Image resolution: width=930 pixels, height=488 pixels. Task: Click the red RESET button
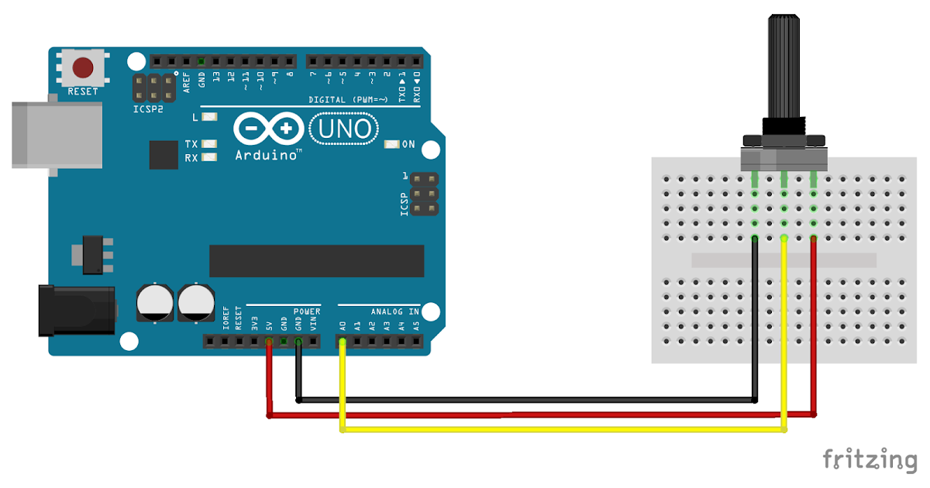coord(83,67)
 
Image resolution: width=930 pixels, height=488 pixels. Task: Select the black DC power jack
coord(77,311)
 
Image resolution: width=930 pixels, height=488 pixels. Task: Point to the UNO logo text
coord(344,128)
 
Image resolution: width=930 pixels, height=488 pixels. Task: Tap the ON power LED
coord(391,144)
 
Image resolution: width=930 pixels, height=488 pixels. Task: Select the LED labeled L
coord(208,117)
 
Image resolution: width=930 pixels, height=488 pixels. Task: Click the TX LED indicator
coord(208,144)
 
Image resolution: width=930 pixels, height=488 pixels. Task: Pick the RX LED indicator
coord(208,157)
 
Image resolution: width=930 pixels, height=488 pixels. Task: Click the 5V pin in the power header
coord(269,341)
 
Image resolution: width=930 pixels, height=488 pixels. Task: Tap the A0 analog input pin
coord(342,341)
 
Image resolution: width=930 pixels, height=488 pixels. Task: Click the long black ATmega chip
coord(316,261)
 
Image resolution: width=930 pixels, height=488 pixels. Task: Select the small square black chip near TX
coord(164,155)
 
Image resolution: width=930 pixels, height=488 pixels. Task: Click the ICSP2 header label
coord(148,110)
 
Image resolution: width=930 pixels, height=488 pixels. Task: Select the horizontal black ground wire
coord(527,400)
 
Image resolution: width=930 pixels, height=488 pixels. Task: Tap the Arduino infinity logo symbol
coord(267,129)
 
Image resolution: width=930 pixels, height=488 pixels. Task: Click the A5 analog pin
coord(416,341)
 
